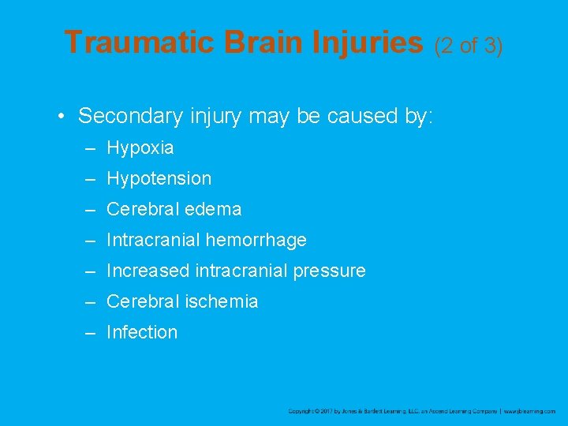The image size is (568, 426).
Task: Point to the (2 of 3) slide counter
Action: coord(469,46)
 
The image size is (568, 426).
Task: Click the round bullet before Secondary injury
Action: coord(62,117)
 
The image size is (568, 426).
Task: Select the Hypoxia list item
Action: coord(140,148)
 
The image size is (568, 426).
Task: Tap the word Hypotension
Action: coord(159,179)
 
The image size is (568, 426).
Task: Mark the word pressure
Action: coord(329,271)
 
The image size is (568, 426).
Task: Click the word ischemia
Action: coord(222,302)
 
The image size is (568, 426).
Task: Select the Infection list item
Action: coord(142,333)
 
